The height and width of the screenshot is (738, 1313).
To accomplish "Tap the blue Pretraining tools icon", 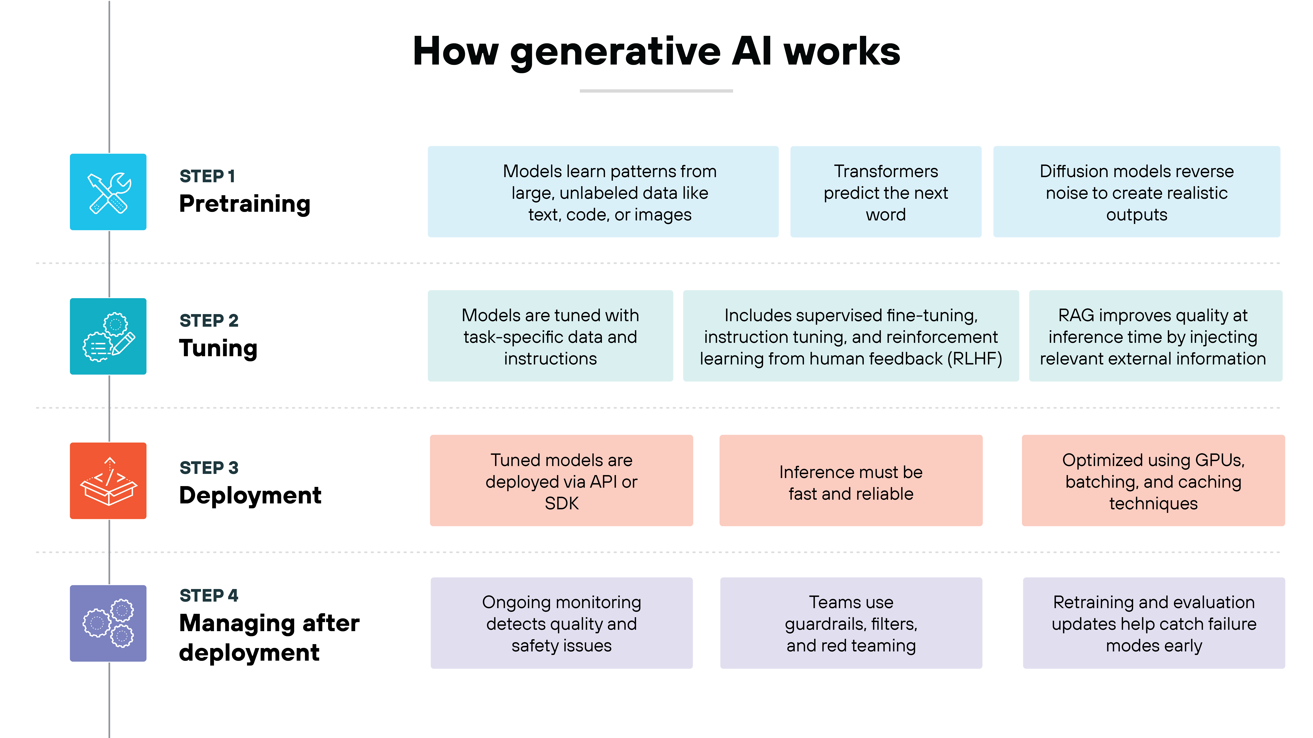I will [x=108, y=192].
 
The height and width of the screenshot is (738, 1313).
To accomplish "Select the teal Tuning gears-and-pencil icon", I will [x=108, y=336].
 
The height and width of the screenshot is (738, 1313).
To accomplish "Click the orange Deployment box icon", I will [x=108, y=481].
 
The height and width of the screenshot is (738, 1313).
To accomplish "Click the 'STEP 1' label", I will [x=207, y=176].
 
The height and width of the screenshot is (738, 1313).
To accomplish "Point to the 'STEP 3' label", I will [x=209, y=468].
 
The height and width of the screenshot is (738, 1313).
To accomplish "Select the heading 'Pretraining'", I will [x=245, y=204].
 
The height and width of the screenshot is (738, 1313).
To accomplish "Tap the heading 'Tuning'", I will [x=218, y=348].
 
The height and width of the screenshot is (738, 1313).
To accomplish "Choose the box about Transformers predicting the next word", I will [x=885, y=192].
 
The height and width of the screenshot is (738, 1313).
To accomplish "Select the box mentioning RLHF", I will [x=851, y=336].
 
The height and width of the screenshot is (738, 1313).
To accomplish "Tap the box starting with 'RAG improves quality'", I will [x=1155, y=336].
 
